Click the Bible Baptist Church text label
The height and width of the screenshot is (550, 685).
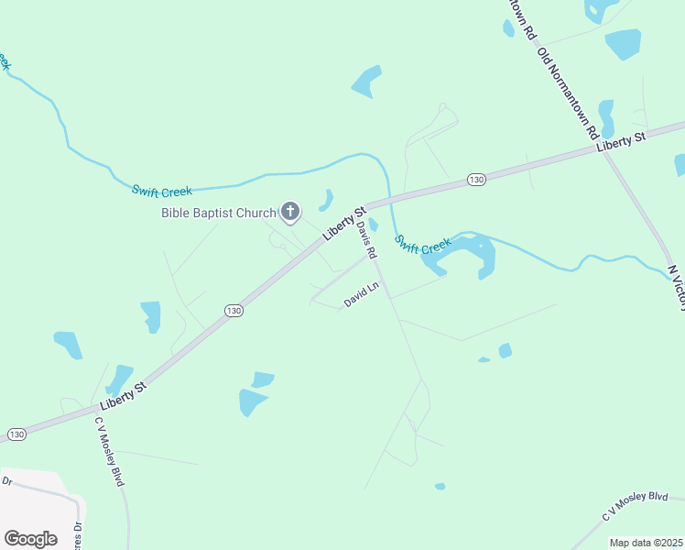[x=218, y=214]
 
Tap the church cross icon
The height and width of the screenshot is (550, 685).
[x=289, y=214]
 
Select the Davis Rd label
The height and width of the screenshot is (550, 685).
[x=367, y=238]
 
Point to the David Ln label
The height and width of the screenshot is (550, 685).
[x=361, y=295]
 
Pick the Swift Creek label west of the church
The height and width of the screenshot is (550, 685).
[x=161, y=191]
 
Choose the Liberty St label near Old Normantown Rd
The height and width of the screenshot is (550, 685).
[x=621, y=141]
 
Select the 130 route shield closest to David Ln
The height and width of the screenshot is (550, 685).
[x=234, y=311]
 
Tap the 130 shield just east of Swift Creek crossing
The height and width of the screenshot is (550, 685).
[x=475, y=180]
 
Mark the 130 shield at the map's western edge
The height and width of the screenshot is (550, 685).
[x=16, y=434]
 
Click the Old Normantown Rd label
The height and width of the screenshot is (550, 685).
[x=568, y=92]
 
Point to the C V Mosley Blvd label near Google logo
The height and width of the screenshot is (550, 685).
[x=109, y=452]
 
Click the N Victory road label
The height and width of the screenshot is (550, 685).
[x=677, y=287]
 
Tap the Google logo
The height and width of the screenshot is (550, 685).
[x=30, y=538]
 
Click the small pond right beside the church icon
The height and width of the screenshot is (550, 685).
[x=326, y=199]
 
